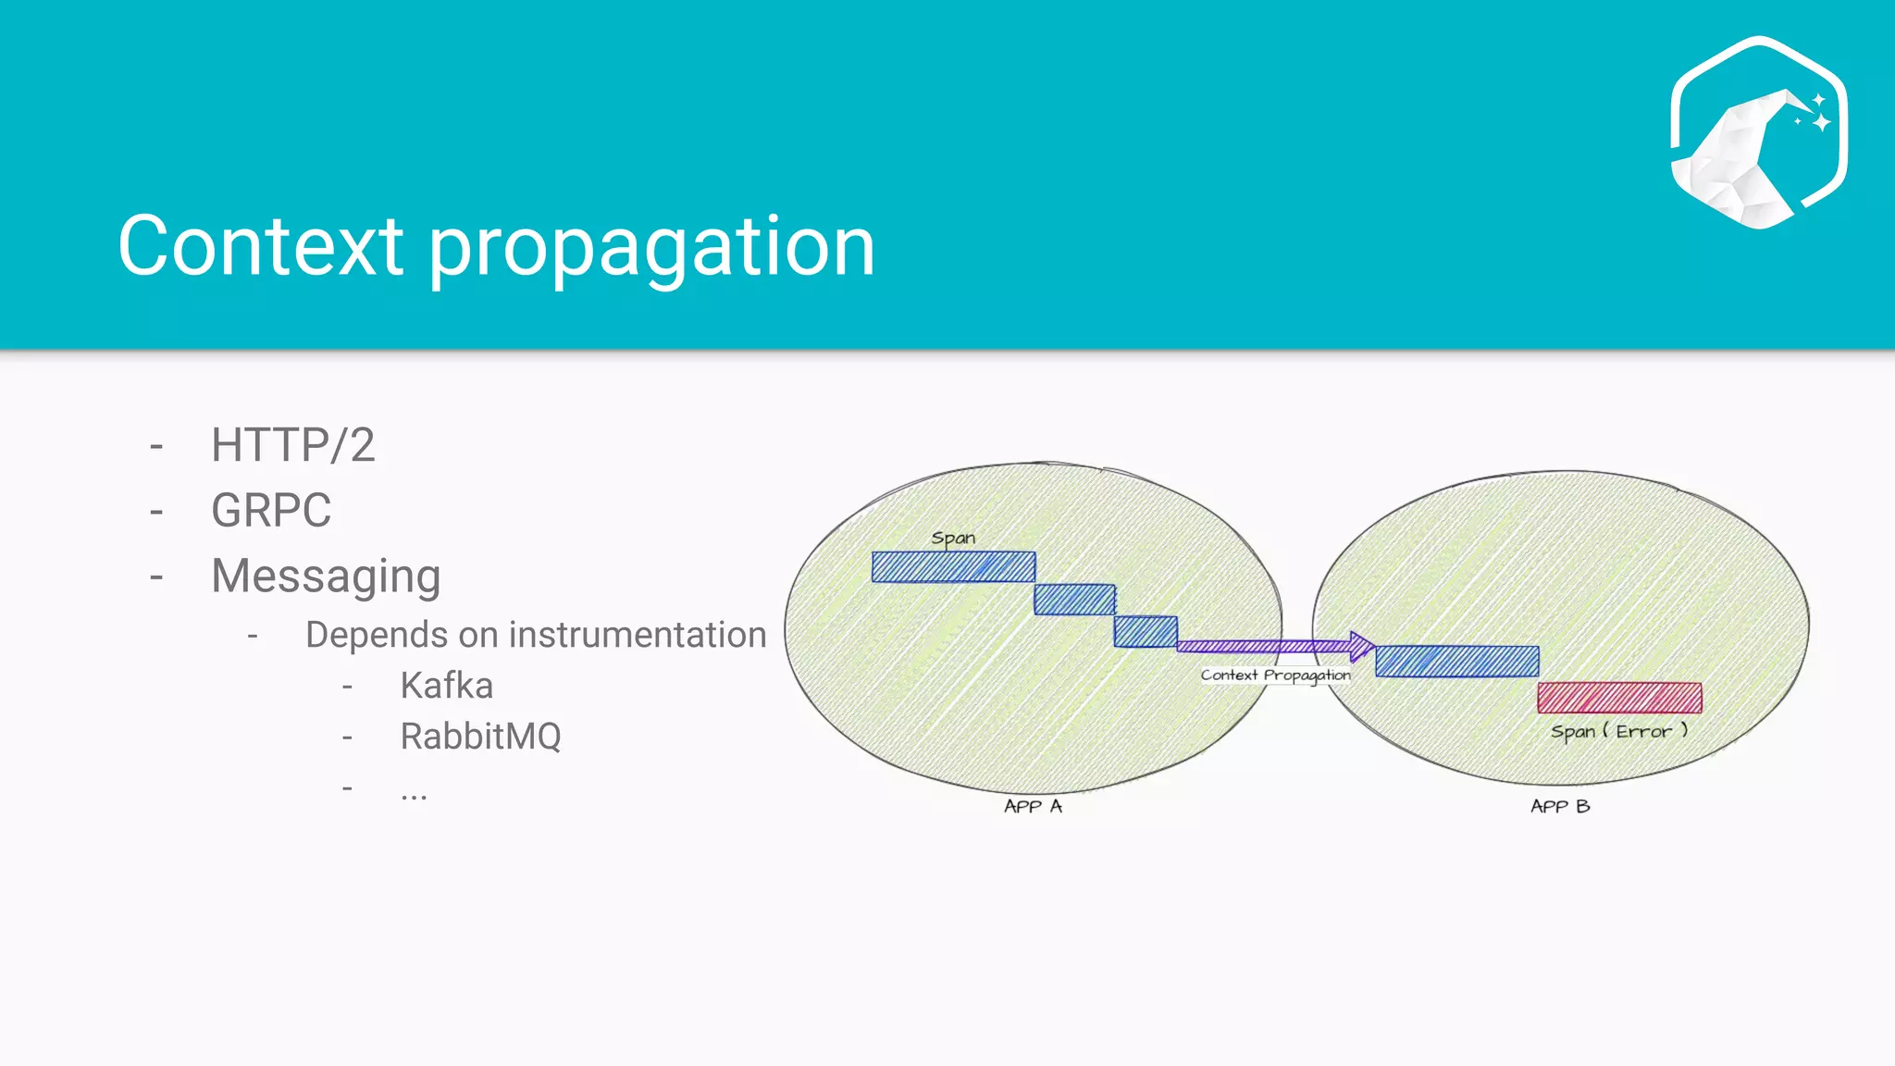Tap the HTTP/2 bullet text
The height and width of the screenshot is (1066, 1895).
292,445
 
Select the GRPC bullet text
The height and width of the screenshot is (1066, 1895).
271,511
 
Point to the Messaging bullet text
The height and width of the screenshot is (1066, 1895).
326,576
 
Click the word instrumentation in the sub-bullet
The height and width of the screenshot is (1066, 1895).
638,635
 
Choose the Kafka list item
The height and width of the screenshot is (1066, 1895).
446,686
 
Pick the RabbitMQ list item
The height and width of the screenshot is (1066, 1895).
480,737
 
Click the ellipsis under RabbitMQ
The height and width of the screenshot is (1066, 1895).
414,792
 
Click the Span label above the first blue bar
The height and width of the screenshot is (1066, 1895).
953,538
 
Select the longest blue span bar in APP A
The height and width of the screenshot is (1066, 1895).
953,567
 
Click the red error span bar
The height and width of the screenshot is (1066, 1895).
1619,698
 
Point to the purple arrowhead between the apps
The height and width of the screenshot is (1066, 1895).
1361,645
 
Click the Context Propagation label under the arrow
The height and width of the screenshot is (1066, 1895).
1275,675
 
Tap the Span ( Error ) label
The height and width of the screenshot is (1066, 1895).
1619,731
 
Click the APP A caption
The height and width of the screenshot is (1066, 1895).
1033,806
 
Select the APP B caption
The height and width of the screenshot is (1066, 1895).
1560,806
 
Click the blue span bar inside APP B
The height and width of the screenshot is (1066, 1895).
1456,662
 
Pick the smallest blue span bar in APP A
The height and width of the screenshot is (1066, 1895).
1146,632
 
